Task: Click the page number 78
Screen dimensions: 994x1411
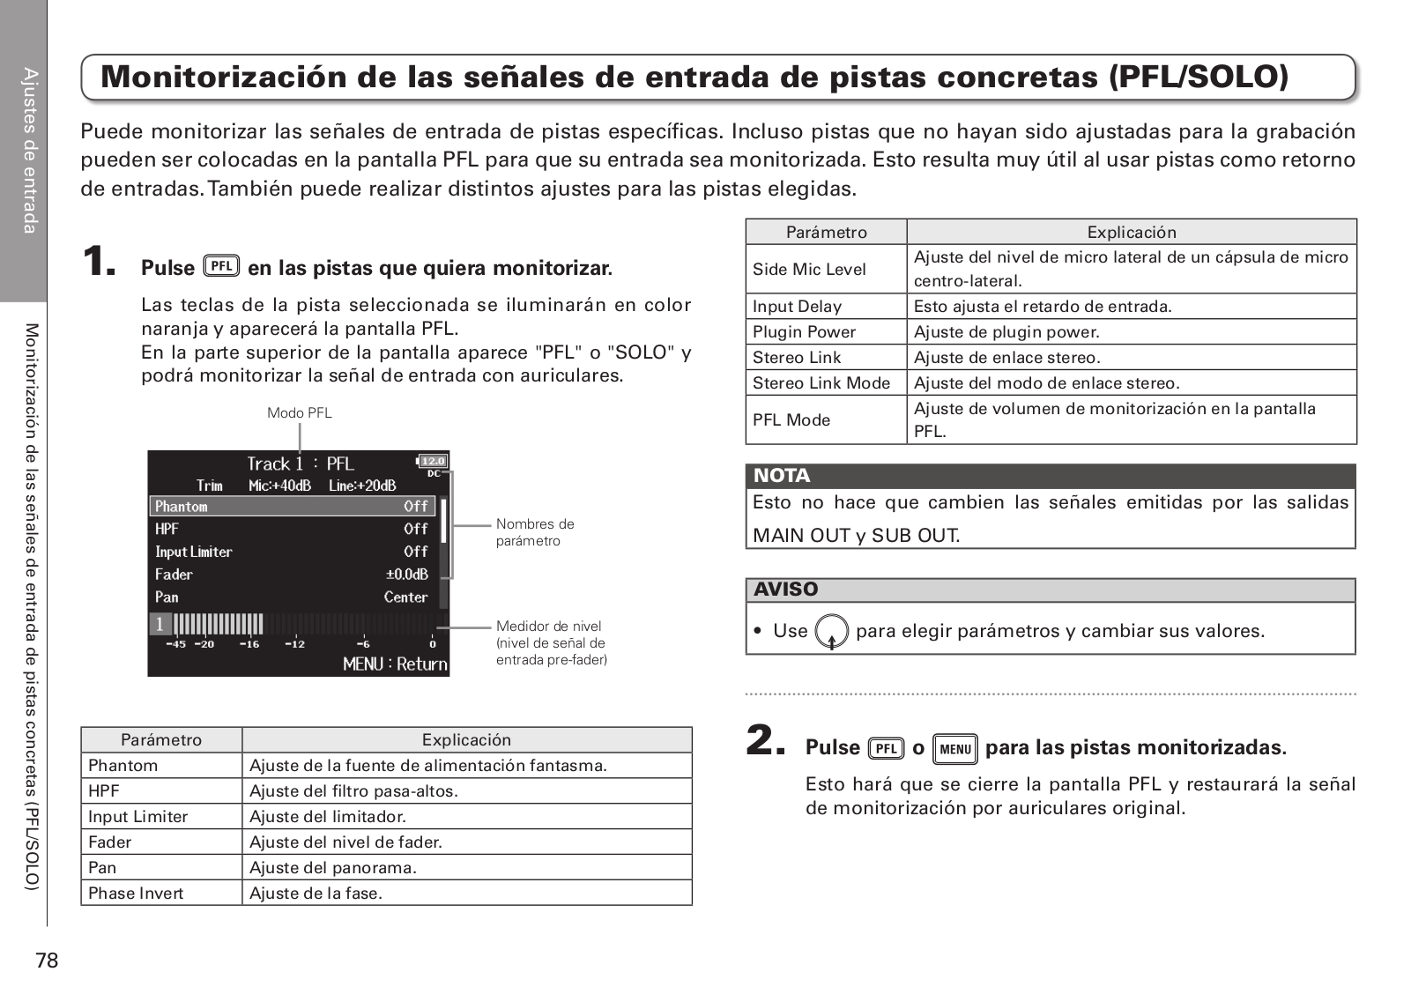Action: point(47,961)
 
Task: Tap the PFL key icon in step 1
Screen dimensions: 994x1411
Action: point(221,266)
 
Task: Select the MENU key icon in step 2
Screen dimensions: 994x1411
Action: point(954,749)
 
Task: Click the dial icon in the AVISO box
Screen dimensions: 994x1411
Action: point(831,632)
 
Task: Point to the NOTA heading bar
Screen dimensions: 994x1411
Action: point(1050,476)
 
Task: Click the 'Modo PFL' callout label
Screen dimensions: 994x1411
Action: point(300,413)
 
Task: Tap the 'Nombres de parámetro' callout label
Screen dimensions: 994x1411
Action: point(534,532)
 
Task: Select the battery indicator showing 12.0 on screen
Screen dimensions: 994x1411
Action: point(432,461)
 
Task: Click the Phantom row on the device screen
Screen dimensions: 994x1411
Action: point(291,507)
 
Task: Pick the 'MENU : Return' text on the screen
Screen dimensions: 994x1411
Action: point(395,664)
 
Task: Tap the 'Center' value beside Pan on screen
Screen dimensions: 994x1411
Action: point(405,597)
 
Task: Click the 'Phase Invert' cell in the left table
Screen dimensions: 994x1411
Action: point(136,894)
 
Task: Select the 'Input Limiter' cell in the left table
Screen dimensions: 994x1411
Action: point(138,817)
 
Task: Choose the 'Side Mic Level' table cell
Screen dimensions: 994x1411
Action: point(809,270)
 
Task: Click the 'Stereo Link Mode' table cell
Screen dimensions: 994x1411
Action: point(821,383)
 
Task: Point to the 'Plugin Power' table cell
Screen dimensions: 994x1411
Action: point(804,332)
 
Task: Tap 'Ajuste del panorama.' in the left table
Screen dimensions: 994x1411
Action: point(333,868)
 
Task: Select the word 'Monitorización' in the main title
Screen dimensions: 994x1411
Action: point(224,78)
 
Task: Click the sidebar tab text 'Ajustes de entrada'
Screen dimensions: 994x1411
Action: point(30,151)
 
